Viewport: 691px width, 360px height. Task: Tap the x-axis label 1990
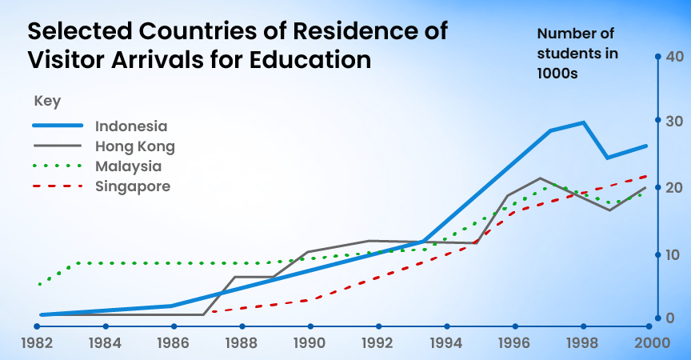point(310,343)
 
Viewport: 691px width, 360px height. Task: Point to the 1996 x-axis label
point(515,343)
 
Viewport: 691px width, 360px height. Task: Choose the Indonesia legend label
point(131,126)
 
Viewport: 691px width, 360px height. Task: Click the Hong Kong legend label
point(134,146)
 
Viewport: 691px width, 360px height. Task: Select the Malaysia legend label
point(128,166)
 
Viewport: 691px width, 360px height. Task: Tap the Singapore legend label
point(132,186)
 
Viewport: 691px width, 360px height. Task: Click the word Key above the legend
point(47,102)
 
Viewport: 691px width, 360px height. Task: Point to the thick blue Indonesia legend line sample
point(58,126)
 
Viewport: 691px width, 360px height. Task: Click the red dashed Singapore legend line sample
point(58,186)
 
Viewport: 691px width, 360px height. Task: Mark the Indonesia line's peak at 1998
point(584,122)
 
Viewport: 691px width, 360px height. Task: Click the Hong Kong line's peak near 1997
point(541,178)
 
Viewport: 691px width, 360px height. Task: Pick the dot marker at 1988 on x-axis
point(241,326)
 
